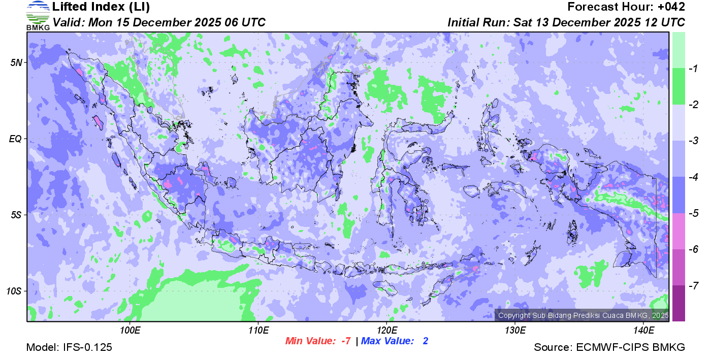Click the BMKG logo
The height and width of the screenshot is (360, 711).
[38, 16]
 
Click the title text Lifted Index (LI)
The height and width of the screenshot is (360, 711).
[101, 7]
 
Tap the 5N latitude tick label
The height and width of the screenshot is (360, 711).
[16, 62]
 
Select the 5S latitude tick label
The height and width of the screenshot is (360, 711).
[16, 215]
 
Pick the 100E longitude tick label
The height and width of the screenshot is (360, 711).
[130, 330]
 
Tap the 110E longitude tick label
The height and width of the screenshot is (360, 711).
[258, 330]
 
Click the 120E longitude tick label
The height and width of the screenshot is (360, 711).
[386, 330]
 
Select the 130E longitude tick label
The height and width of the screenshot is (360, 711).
[515, 330]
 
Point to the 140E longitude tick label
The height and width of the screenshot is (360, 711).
[643, 330]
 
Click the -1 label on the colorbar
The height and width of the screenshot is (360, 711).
[691, 69]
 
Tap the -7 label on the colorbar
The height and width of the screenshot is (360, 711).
[691, 285]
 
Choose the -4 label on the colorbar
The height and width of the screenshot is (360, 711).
[691, 177]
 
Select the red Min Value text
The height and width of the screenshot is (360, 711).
[318, 341]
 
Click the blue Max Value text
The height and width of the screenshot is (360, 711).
[395, 341]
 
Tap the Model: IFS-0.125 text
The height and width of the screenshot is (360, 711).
[69, 347]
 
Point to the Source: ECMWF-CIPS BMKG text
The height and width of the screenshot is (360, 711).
[609, 347]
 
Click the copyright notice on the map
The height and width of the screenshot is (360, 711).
[583, 315]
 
